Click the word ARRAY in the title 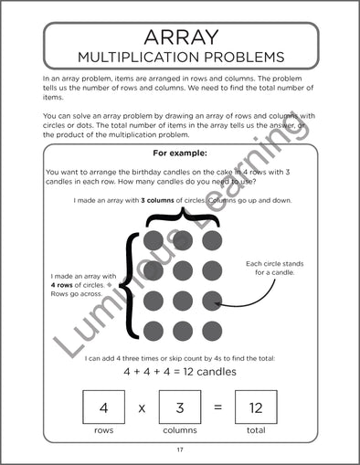coord(180,37)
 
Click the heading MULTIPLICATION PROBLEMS coord(180,58)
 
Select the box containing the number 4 coord(103,407)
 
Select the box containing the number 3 coord(180,407)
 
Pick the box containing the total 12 coord(256,407)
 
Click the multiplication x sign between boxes coord(142,407)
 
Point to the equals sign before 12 coord(217,407)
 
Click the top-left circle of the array coord(154,240)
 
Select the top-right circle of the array coord(212,240)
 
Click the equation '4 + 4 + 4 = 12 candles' coord(180,373)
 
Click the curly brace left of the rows coord(132,285)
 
